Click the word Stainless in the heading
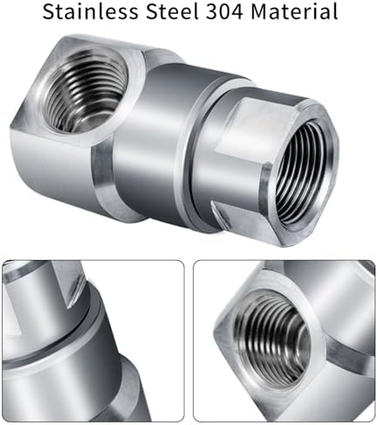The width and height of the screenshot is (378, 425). [x=90, y=11]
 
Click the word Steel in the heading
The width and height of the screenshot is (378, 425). [x=173, y=11]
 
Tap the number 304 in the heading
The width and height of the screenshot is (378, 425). [x=224, y=11]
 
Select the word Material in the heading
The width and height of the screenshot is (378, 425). [x=294, y=11]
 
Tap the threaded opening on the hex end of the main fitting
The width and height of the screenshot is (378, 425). [x=304, y=173]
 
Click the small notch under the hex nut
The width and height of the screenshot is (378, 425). [x=219, y=216]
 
